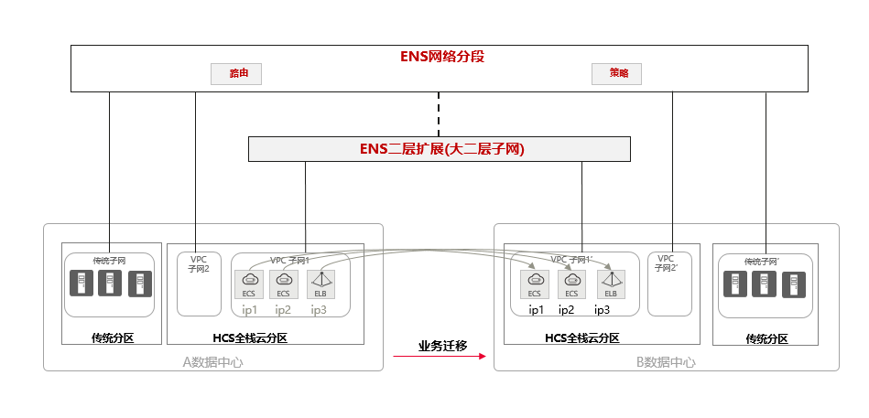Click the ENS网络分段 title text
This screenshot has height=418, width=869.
[441, 56]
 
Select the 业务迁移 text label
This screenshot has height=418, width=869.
[442, 346]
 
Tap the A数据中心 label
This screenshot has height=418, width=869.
[212, 362]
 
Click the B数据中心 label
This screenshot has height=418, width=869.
[666, 362]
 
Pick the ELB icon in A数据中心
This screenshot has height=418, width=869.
[320, 284]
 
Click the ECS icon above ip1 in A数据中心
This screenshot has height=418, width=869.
[250, 284]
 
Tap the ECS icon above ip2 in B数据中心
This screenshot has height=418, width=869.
[571, 284]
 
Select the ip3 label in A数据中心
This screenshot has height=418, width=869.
[319, 310]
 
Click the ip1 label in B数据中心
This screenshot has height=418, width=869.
[536, 310]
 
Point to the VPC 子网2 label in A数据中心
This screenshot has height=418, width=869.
[199, 263]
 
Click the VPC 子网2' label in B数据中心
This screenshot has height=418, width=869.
[666, 263]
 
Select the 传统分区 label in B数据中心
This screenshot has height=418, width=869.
[766, 338]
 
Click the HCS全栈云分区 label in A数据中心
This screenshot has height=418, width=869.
[249, 338]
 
